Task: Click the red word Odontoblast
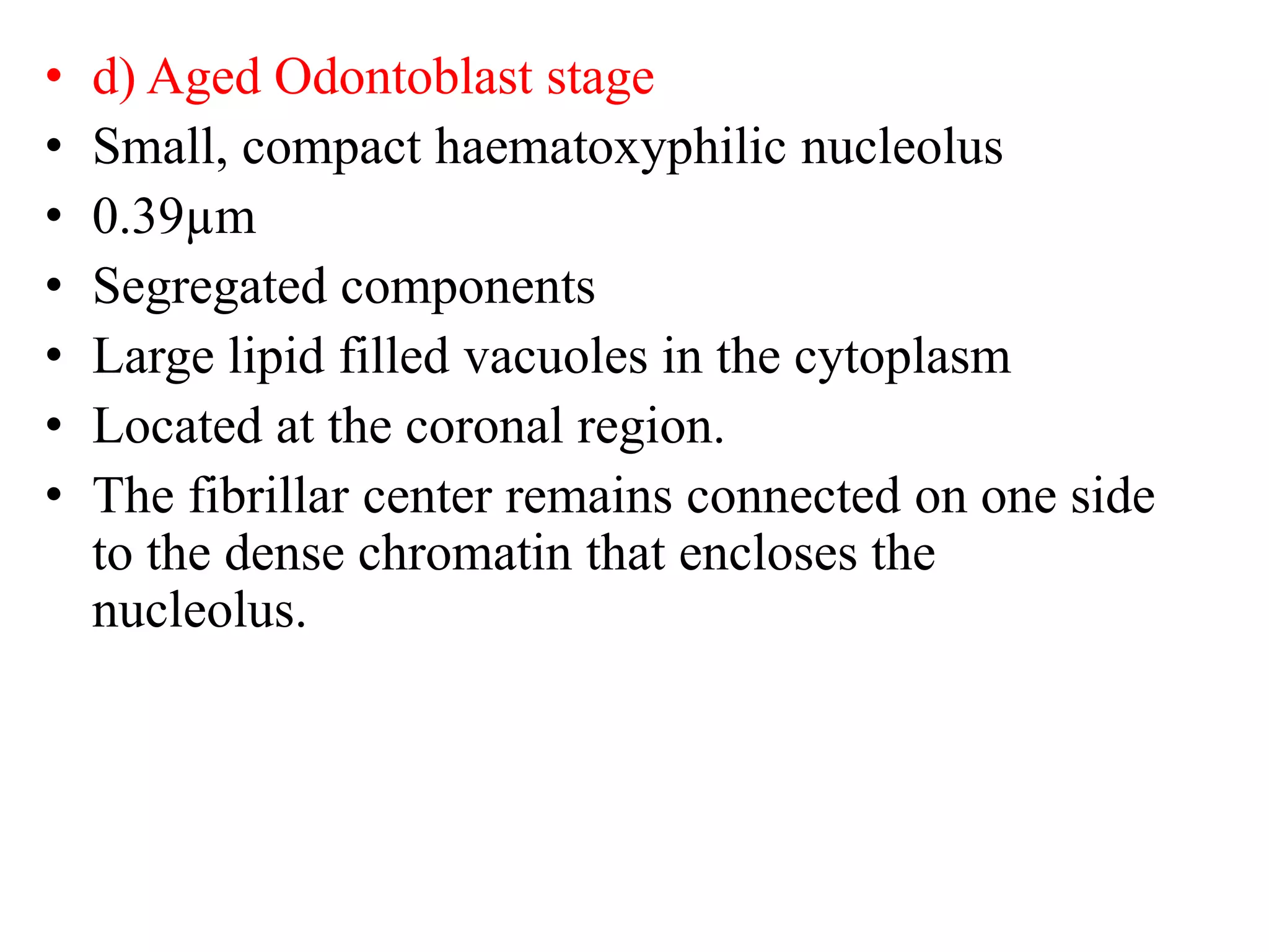click(403, 77)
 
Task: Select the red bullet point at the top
click(55, 76)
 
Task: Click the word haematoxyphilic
click(610, 149)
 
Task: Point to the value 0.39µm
click(174, 218)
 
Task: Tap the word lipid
click(277, 358)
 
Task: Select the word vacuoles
click(555, 358)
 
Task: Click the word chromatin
click(465, 553)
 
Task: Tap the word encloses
click(768, 553)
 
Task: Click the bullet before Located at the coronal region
click(55, 426)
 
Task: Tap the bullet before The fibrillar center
click(55, 495)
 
